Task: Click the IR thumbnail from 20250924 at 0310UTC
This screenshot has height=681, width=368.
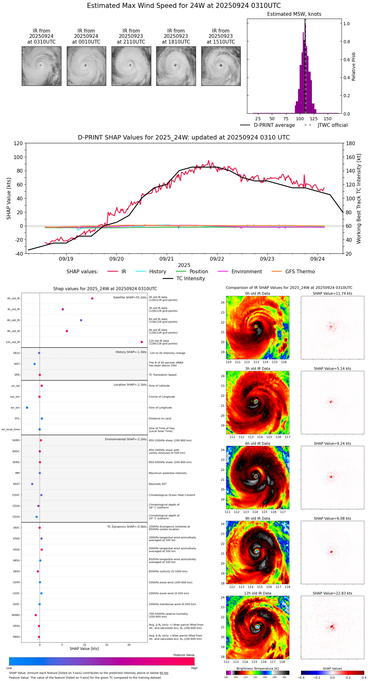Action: [41, 66]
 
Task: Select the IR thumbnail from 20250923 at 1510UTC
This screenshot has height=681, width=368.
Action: [221, 66]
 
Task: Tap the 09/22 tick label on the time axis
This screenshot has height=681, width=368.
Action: [217, 259]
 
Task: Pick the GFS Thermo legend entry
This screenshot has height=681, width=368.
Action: [300, 272]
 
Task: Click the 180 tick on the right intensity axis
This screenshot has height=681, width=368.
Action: [351, 144]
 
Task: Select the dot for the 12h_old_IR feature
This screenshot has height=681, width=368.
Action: [142, 342]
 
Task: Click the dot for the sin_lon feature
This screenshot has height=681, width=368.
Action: [27, 408]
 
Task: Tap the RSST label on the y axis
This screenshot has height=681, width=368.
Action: [16, 484]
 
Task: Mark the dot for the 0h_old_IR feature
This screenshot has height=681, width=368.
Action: [92, 299]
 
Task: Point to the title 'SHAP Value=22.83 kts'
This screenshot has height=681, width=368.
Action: [332, 593]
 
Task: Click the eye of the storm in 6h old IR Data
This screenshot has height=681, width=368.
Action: [256, 476]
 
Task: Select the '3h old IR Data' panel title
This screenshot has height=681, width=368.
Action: [257, 369]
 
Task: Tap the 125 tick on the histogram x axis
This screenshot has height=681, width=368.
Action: [314, 119]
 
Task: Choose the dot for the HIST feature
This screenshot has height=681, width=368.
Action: [35, 364]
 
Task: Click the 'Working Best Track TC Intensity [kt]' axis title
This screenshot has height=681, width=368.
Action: [359, 199]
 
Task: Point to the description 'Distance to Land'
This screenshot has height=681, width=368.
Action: [160, 419]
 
